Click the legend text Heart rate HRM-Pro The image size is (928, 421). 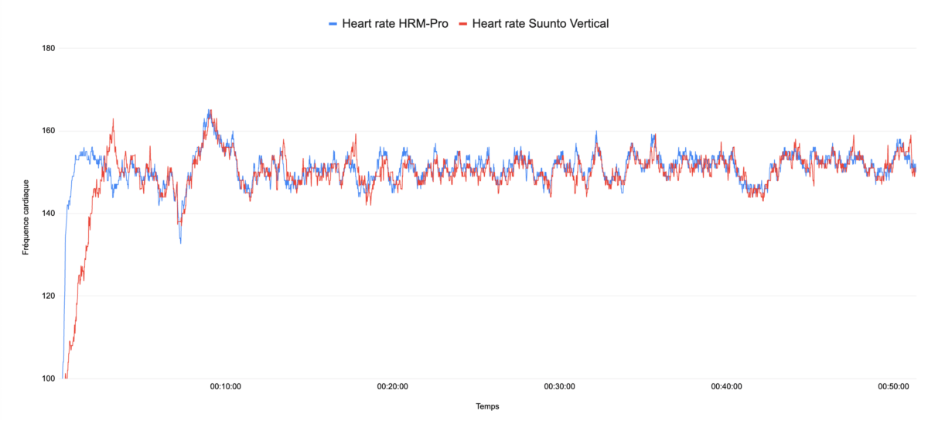[x=395, y=23]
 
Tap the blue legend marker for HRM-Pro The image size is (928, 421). [x=333, y=24]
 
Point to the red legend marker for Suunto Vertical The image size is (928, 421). [x=463, y=24]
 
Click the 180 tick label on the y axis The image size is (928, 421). [x=48, y=48]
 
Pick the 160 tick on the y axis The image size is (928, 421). [x=48, y=131]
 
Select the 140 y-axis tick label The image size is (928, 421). [x=48, y=214]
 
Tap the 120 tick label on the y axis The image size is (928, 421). [x=48, y=296]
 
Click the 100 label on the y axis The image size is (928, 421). [x=48, y=378]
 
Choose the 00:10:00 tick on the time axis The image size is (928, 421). [x=225, y=386]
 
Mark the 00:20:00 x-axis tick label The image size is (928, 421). [x=392, y=386]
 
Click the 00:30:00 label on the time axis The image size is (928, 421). [x=559, y=386]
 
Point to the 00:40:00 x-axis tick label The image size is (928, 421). [x=726, y=386]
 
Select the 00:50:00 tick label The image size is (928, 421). [x=893, y=386]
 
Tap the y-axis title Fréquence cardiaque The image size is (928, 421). [x=26, y=217]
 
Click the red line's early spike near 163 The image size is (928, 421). [x=113, y=119]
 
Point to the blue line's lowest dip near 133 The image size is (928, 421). [x=181, y=242]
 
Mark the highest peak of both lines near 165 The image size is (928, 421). [x=209, y=111]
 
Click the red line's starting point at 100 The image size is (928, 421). [x=66, y=378]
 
